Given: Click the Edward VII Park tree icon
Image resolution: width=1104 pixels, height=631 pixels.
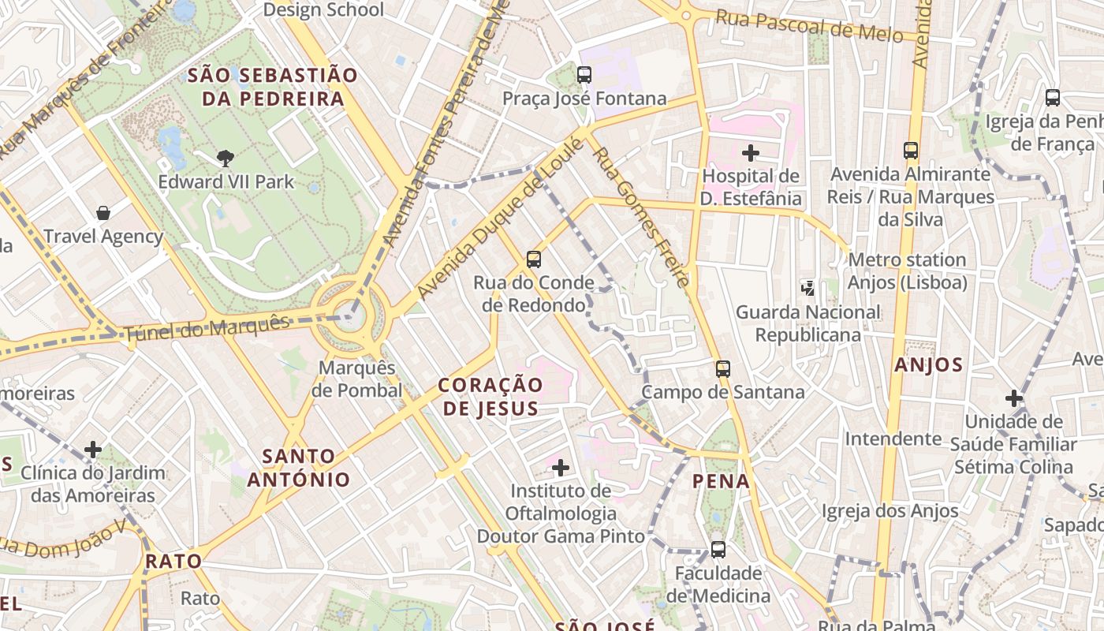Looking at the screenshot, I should [226, 158].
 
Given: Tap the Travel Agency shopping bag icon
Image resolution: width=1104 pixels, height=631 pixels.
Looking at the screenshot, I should [103, 213].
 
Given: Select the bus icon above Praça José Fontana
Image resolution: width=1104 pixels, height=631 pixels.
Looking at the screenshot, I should [584, 75].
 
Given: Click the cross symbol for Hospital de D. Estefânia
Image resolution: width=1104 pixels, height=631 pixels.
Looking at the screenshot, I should [751, 152].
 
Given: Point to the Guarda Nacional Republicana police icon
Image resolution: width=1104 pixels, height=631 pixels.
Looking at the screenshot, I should [807, 288].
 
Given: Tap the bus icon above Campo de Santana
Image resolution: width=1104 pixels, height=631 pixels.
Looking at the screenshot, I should [723, 368].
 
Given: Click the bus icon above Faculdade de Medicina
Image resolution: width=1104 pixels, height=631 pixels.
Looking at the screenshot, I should [718, 549].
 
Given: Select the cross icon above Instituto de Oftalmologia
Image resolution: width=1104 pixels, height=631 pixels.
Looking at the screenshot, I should [561, 468].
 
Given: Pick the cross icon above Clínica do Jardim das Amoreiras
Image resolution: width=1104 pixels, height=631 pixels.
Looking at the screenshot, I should [93, 450].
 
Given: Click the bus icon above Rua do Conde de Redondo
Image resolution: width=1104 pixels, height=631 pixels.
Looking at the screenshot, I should [534, 259].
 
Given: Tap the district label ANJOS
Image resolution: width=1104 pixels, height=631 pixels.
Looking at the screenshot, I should [929, 364].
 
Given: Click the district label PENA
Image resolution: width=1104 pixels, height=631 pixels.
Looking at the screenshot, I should [721, 480].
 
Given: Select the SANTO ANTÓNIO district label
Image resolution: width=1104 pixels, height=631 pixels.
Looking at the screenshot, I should [299, 467].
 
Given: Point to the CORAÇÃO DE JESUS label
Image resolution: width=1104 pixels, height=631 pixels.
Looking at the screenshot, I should [490, 396].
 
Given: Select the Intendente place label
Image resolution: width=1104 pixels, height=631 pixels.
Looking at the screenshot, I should [893, 439].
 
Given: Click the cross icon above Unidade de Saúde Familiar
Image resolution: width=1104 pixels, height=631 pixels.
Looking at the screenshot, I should [1014, 398].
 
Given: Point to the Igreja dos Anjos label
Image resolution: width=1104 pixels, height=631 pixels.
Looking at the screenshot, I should [890, 510].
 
